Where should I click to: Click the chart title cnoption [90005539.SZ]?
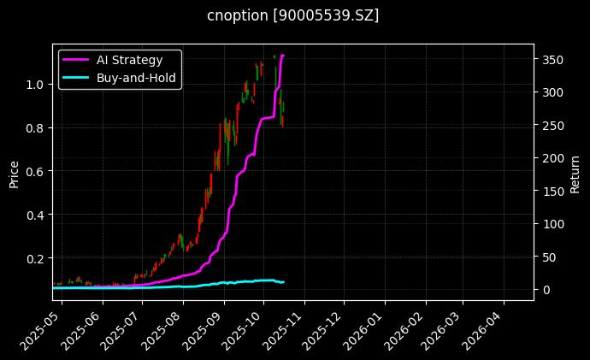[293, 15]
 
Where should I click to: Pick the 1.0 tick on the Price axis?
[35, 84]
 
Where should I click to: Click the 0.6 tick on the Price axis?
[35, 171]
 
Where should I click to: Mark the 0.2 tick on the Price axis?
[35, 258]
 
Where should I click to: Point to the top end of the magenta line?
[283, 56]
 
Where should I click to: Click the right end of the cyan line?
[283, 282]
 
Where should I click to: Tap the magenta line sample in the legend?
[77, 59]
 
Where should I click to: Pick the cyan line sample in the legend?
[77, 77]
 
